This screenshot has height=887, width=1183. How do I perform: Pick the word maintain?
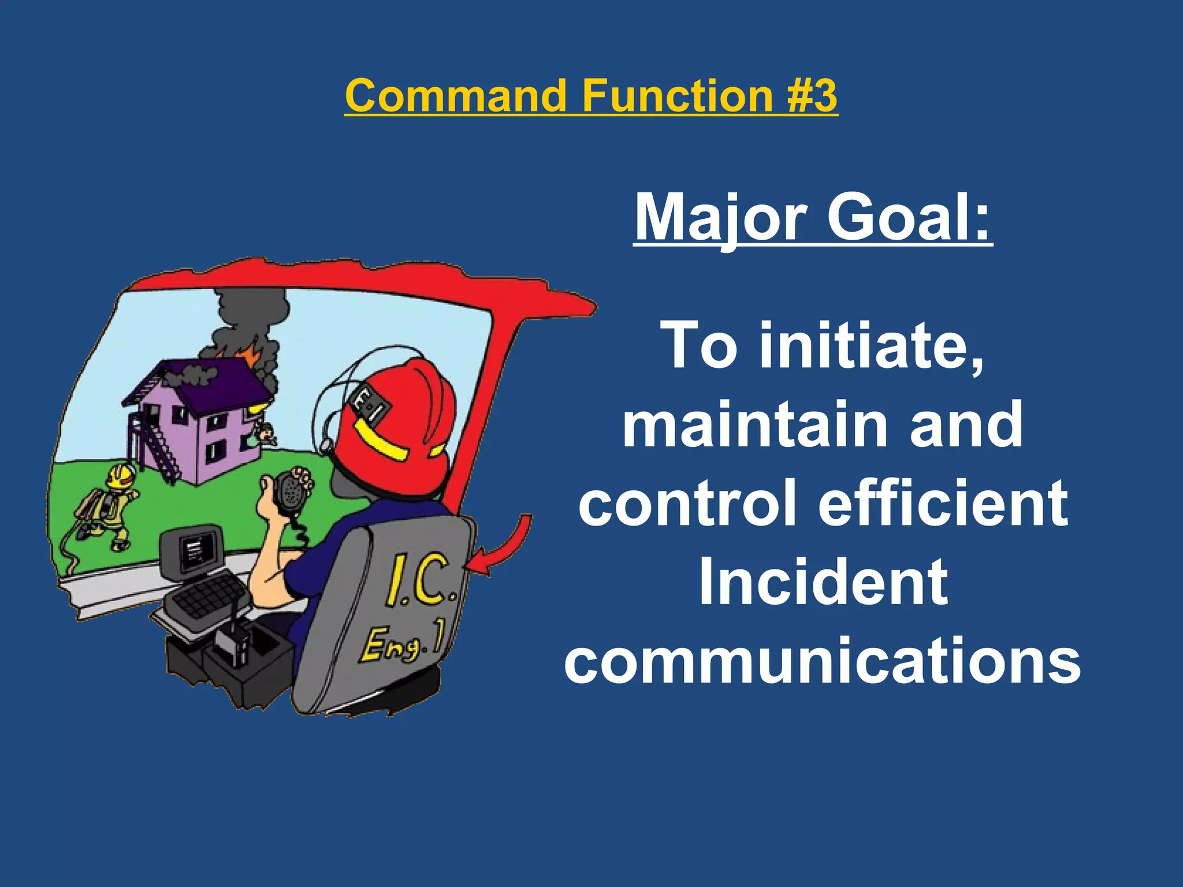(x=753, y=424)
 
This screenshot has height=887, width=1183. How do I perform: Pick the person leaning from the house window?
(x=265, y=433)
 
